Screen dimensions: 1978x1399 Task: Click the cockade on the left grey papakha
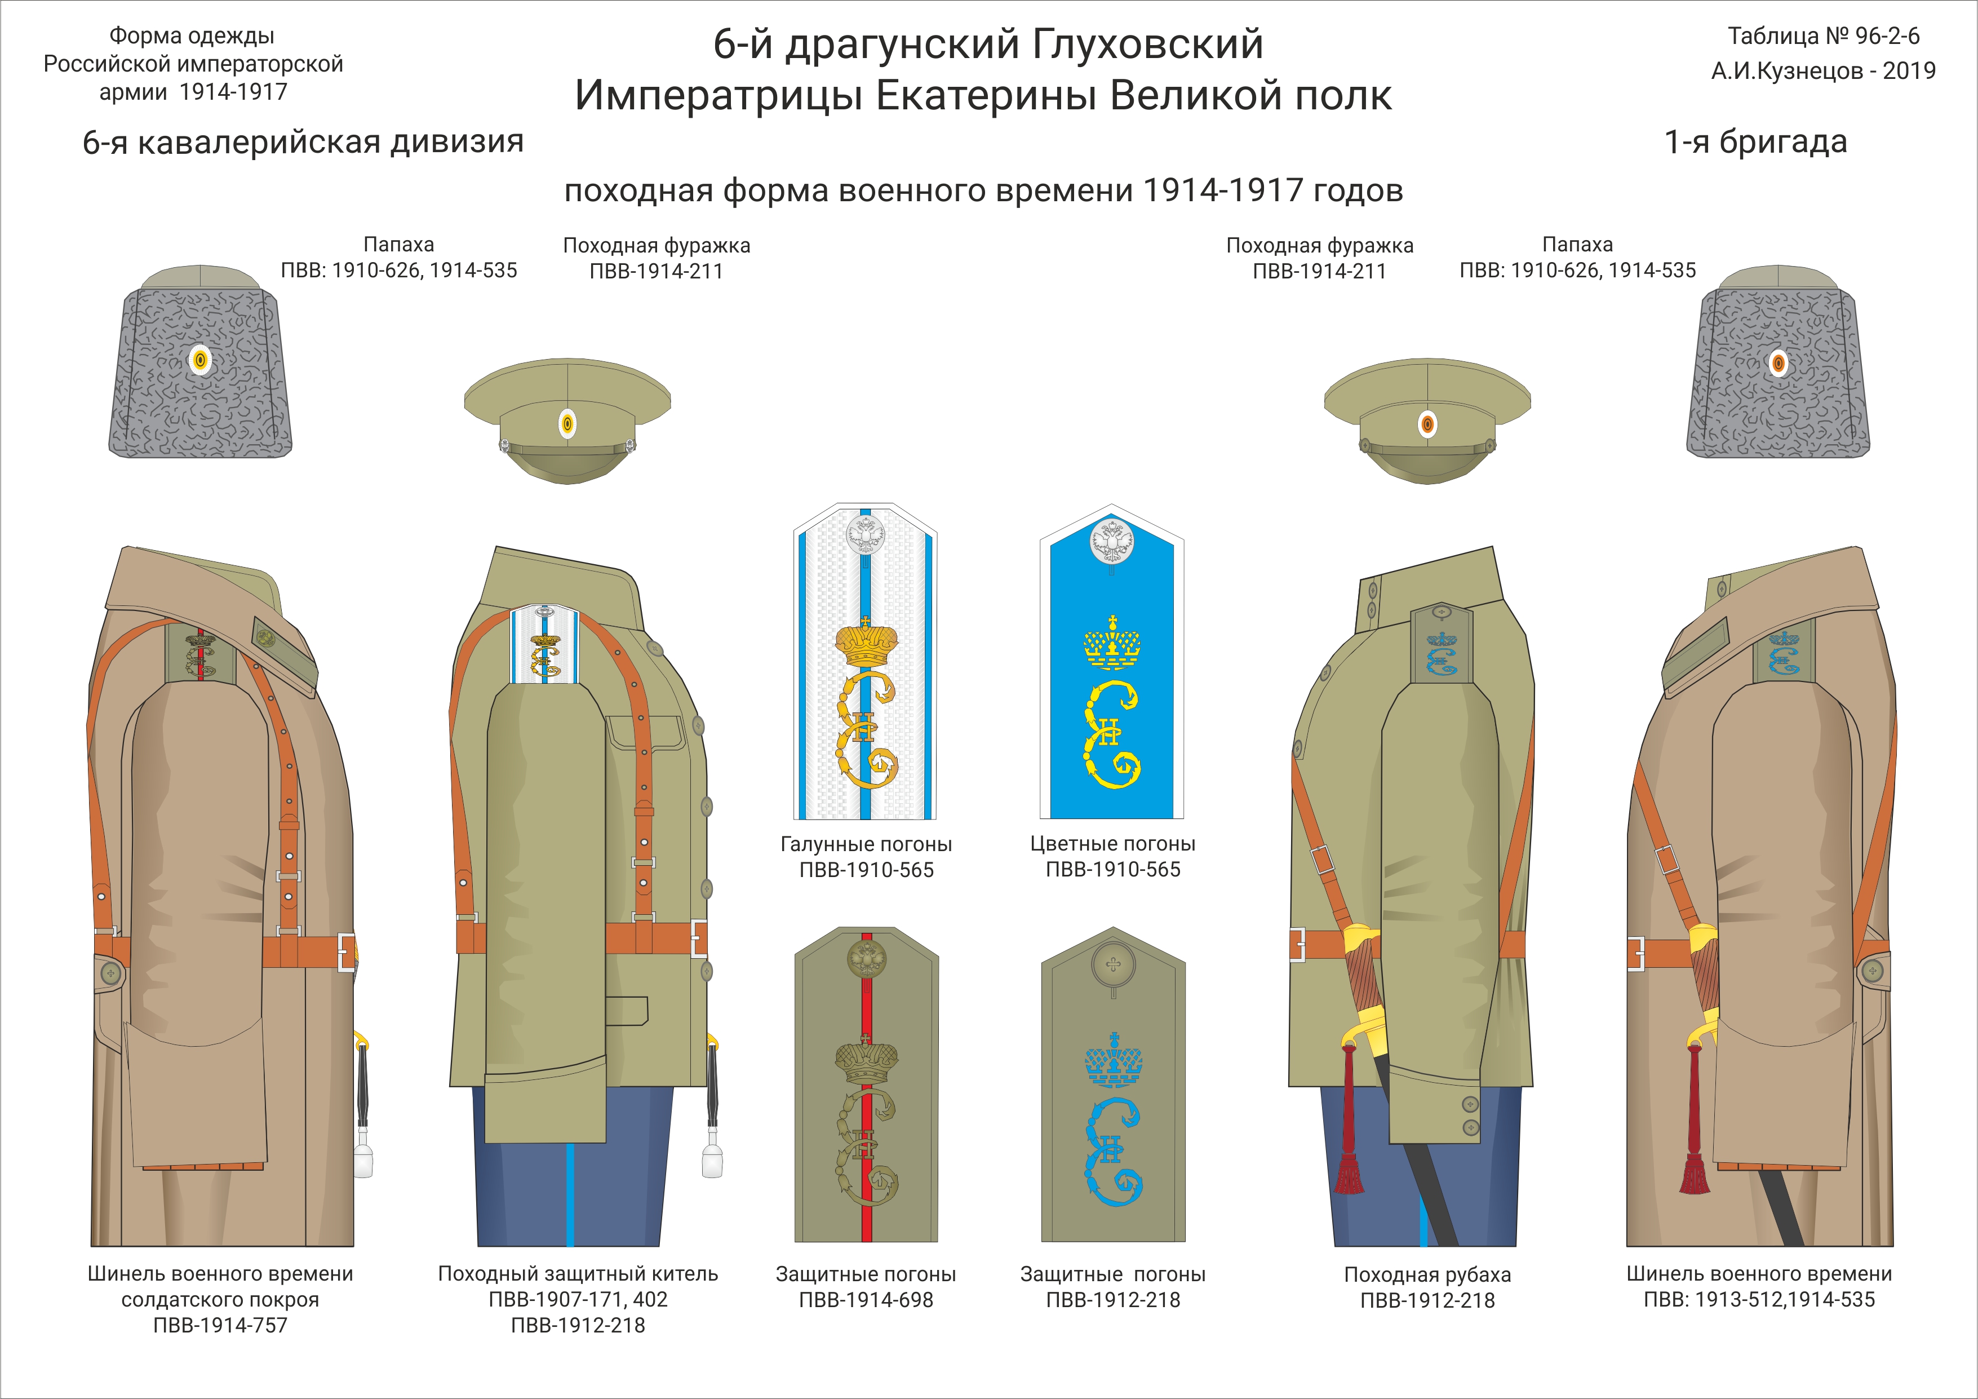coord(200,361)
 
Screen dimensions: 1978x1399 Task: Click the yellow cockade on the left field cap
coord(567,423)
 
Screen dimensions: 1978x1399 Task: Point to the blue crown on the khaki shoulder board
coord(1113,1060)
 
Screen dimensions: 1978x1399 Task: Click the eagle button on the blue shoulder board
coord(1111,541)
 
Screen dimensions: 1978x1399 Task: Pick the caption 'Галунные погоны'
coord(866,844)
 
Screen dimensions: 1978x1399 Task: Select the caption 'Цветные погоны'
coord(1112,844)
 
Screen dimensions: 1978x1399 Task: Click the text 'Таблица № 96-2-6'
coord(1824,36)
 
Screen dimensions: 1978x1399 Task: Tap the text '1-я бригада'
coord(1756,142)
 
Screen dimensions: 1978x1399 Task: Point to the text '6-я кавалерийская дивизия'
coord(303,142)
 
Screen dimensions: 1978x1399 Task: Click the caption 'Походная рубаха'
coord(1427,1275)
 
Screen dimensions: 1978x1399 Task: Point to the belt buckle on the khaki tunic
coord(699,938)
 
